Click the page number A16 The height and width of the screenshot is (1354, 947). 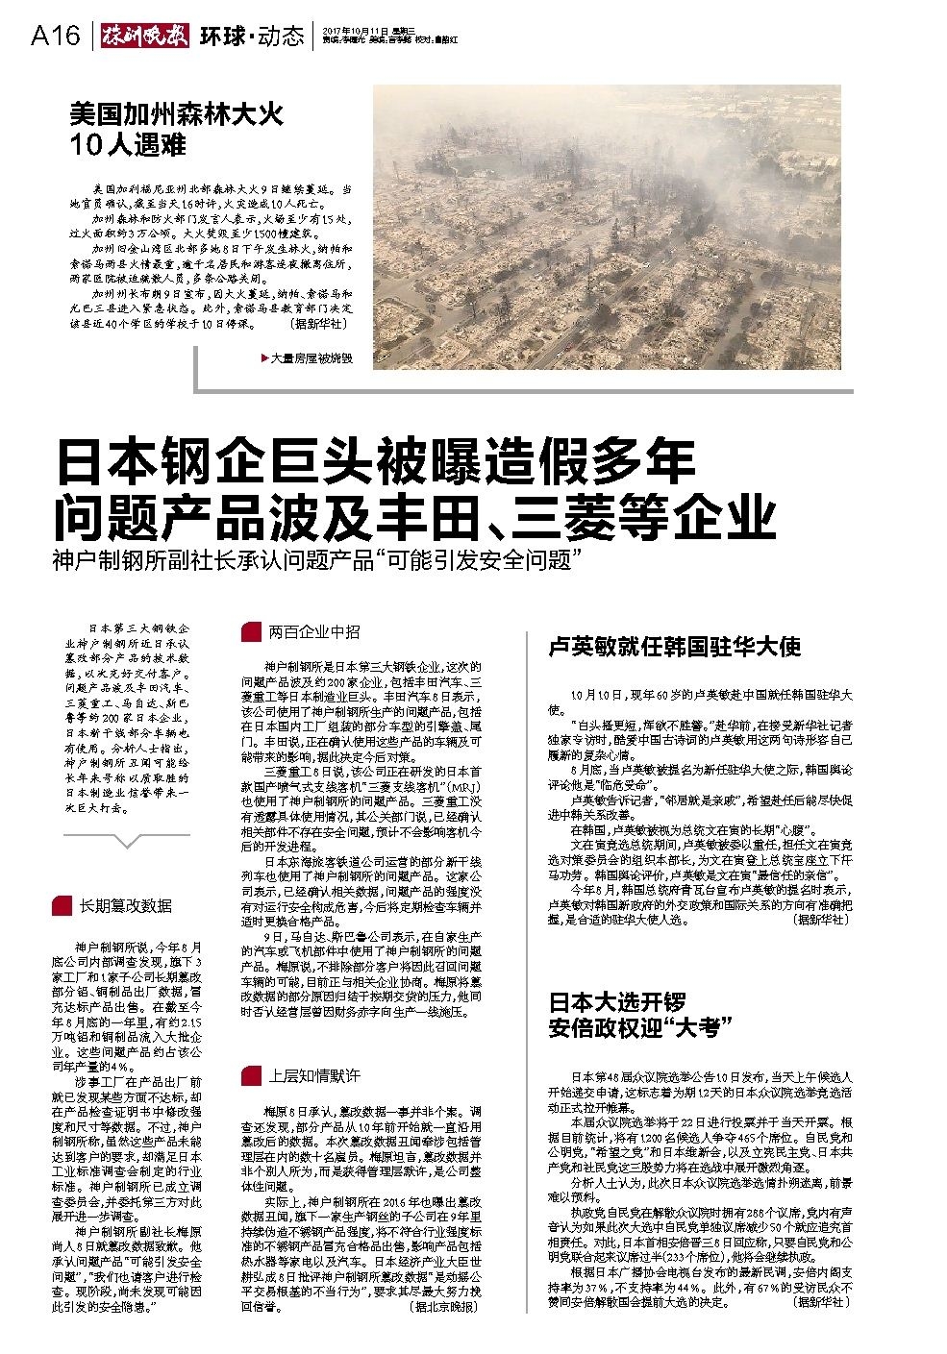[x=55, y=37]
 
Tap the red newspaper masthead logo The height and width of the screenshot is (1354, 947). [x=143, y=37]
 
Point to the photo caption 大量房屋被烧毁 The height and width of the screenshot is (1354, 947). [x=312, y=358]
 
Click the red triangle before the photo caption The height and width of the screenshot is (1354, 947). [x=264, y=358]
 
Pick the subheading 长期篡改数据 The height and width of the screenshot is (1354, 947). [x=126, y=905]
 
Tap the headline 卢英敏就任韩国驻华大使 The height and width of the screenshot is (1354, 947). [x=674, y=647]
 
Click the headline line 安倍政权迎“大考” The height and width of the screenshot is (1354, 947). [x=634, y=1028]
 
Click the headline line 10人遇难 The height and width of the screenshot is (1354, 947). [x=128, y=146]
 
